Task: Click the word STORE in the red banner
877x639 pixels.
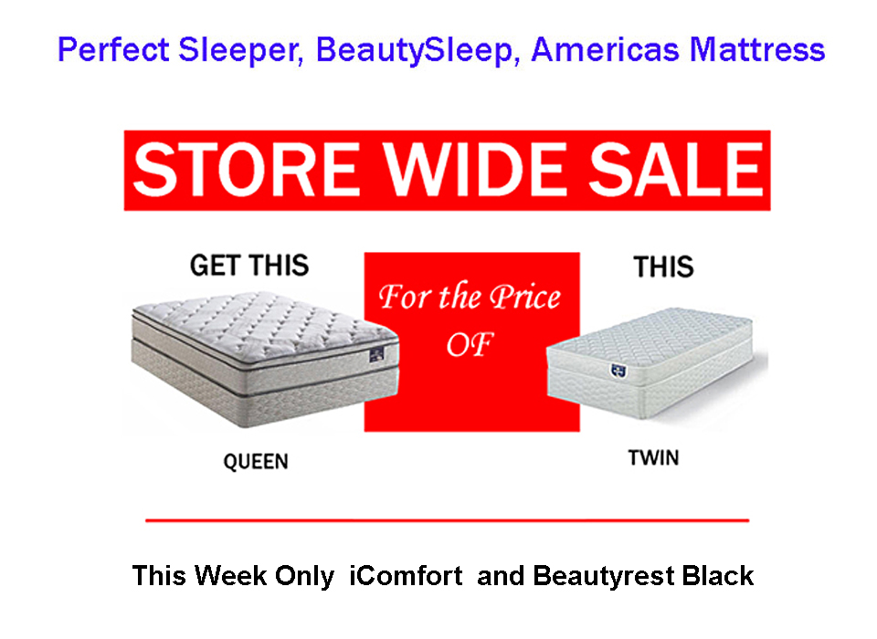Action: coord(247,169)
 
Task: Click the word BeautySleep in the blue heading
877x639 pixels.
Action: coord(415,50)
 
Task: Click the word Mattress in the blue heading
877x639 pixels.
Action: coord(757,49)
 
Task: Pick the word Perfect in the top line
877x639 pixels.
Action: coord(113,49)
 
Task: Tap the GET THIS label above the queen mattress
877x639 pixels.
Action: coord(249,265)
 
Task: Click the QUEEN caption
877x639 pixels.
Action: coord(256,462)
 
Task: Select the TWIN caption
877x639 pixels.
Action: coord(653,458)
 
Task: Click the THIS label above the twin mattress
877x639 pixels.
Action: coord(663,267)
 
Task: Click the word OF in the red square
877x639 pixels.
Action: coord(470,344)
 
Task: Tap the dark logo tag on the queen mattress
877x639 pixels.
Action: coord(376,354)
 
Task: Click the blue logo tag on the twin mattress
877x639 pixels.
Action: coord(618,371)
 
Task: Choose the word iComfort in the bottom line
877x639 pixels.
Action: coord(406,576)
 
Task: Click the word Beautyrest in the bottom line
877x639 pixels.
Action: coord(604,576)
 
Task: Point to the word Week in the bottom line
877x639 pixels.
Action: coord(230,576)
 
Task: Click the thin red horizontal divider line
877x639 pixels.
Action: coord(447,520)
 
